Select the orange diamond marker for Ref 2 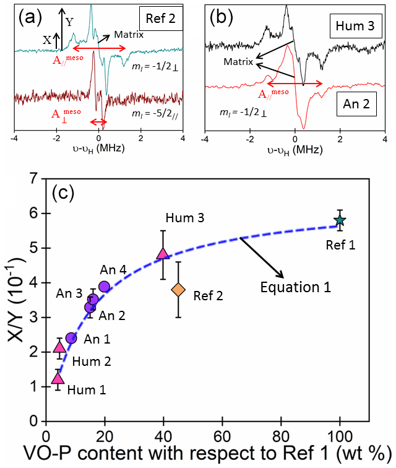pos(178,290)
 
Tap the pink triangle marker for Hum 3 pos(163,253)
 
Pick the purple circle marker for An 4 pos(104,286)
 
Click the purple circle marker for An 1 pos(71,338)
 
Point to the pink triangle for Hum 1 pos(58,378)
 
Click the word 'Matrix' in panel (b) pos(238,62)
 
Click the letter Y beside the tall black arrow pos(69,22)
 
